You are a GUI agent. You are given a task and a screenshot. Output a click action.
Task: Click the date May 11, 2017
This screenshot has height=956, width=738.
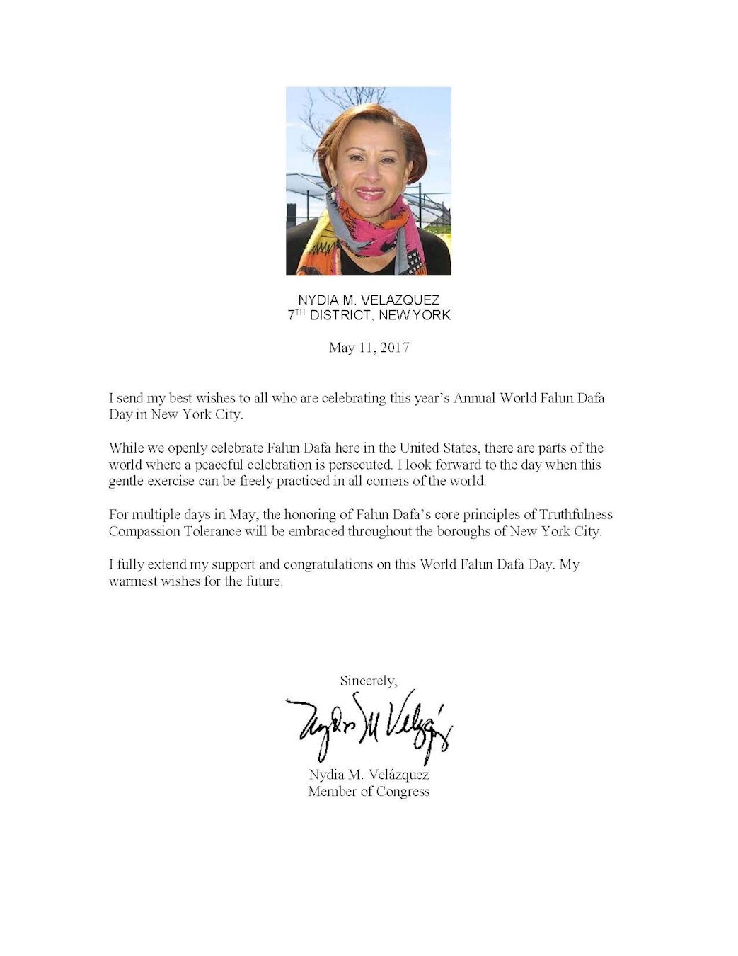[369, 348]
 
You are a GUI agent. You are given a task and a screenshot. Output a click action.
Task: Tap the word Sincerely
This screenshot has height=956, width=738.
[368, 681]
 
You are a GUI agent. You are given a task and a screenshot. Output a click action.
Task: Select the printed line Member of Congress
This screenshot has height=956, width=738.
[369, 792]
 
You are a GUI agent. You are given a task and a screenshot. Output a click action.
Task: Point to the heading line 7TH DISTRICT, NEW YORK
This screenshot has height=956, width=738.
[369, 316]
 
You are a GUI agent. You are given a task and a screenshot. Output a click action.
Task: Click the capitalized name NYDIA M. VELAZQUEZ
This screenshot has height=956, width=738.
[369, 301]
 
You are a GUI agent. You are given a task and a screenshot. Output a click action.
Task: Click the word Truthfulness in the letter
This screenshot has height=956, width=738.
[576, 514]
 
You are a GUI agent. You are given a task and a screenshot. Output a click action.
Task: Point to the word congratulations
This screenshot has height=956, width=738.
[333, 565]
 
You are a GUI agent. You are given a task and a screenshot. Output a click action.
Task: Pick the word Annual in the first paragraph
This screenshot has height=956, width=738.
[475, 397]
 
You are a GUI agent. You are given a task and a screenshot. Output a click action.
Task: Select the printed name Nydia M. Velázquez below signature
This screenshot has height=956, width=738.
[369, 775]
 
